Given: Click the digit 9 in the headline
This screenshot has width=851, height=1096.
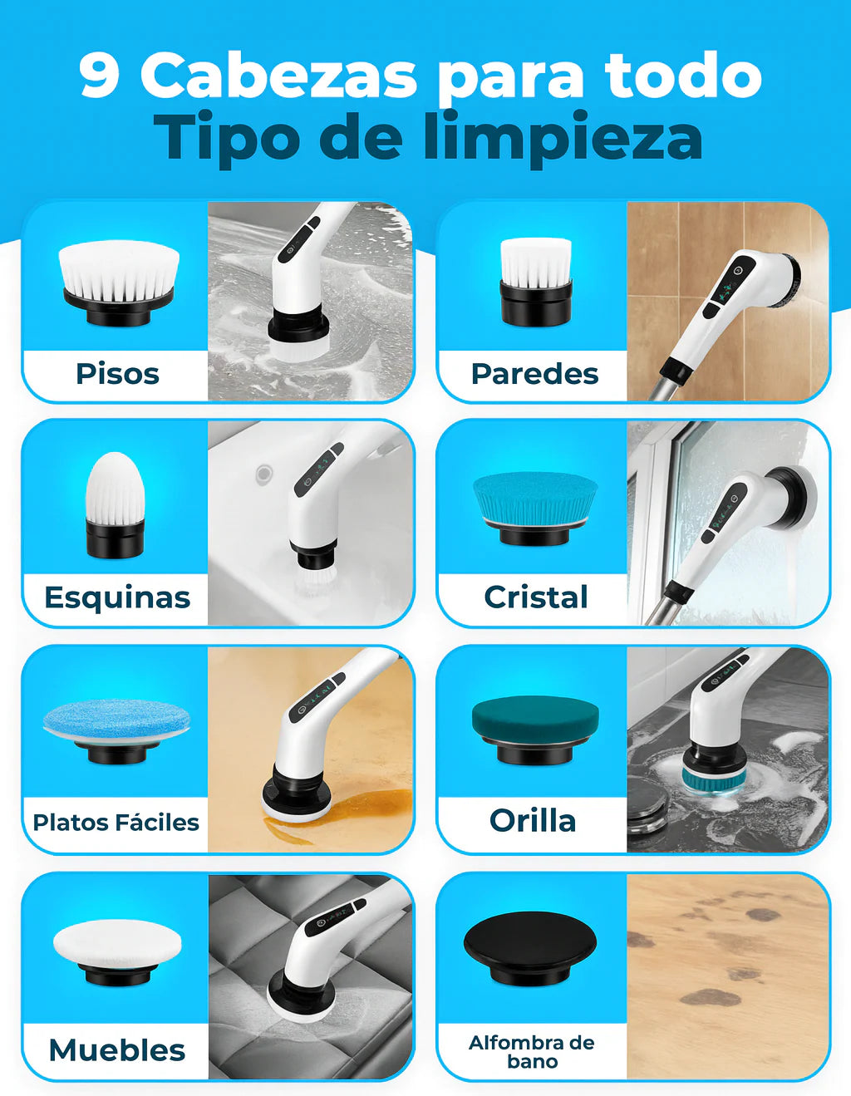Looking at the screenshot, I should coord(101,76).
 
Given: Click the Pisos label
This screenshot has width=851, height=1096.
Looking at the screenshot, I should coord(117,374).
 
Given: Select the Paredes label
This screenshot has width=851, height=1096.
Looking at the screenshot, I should coord(534,374).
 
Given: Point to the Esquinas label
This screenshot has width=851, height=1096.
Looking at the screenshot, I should coord(117,597).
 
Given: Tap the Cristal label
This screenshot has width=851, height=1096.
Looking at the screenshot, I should coord(536,597).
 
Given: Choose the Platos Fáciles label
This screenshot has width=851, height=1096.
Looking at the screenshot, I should coord(116,823).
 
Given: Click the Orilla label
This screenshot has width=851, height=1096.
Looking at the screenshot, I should coord(533,821).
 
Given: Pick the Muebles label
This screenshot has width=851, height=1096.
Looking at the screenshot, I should coord(117,1050).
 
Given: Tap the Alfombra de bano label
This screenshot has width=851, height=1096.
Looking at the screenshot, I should coord(532,1052).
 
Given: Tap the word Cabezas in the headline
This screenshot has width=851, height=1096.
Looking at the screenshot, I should coord(278,76).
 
